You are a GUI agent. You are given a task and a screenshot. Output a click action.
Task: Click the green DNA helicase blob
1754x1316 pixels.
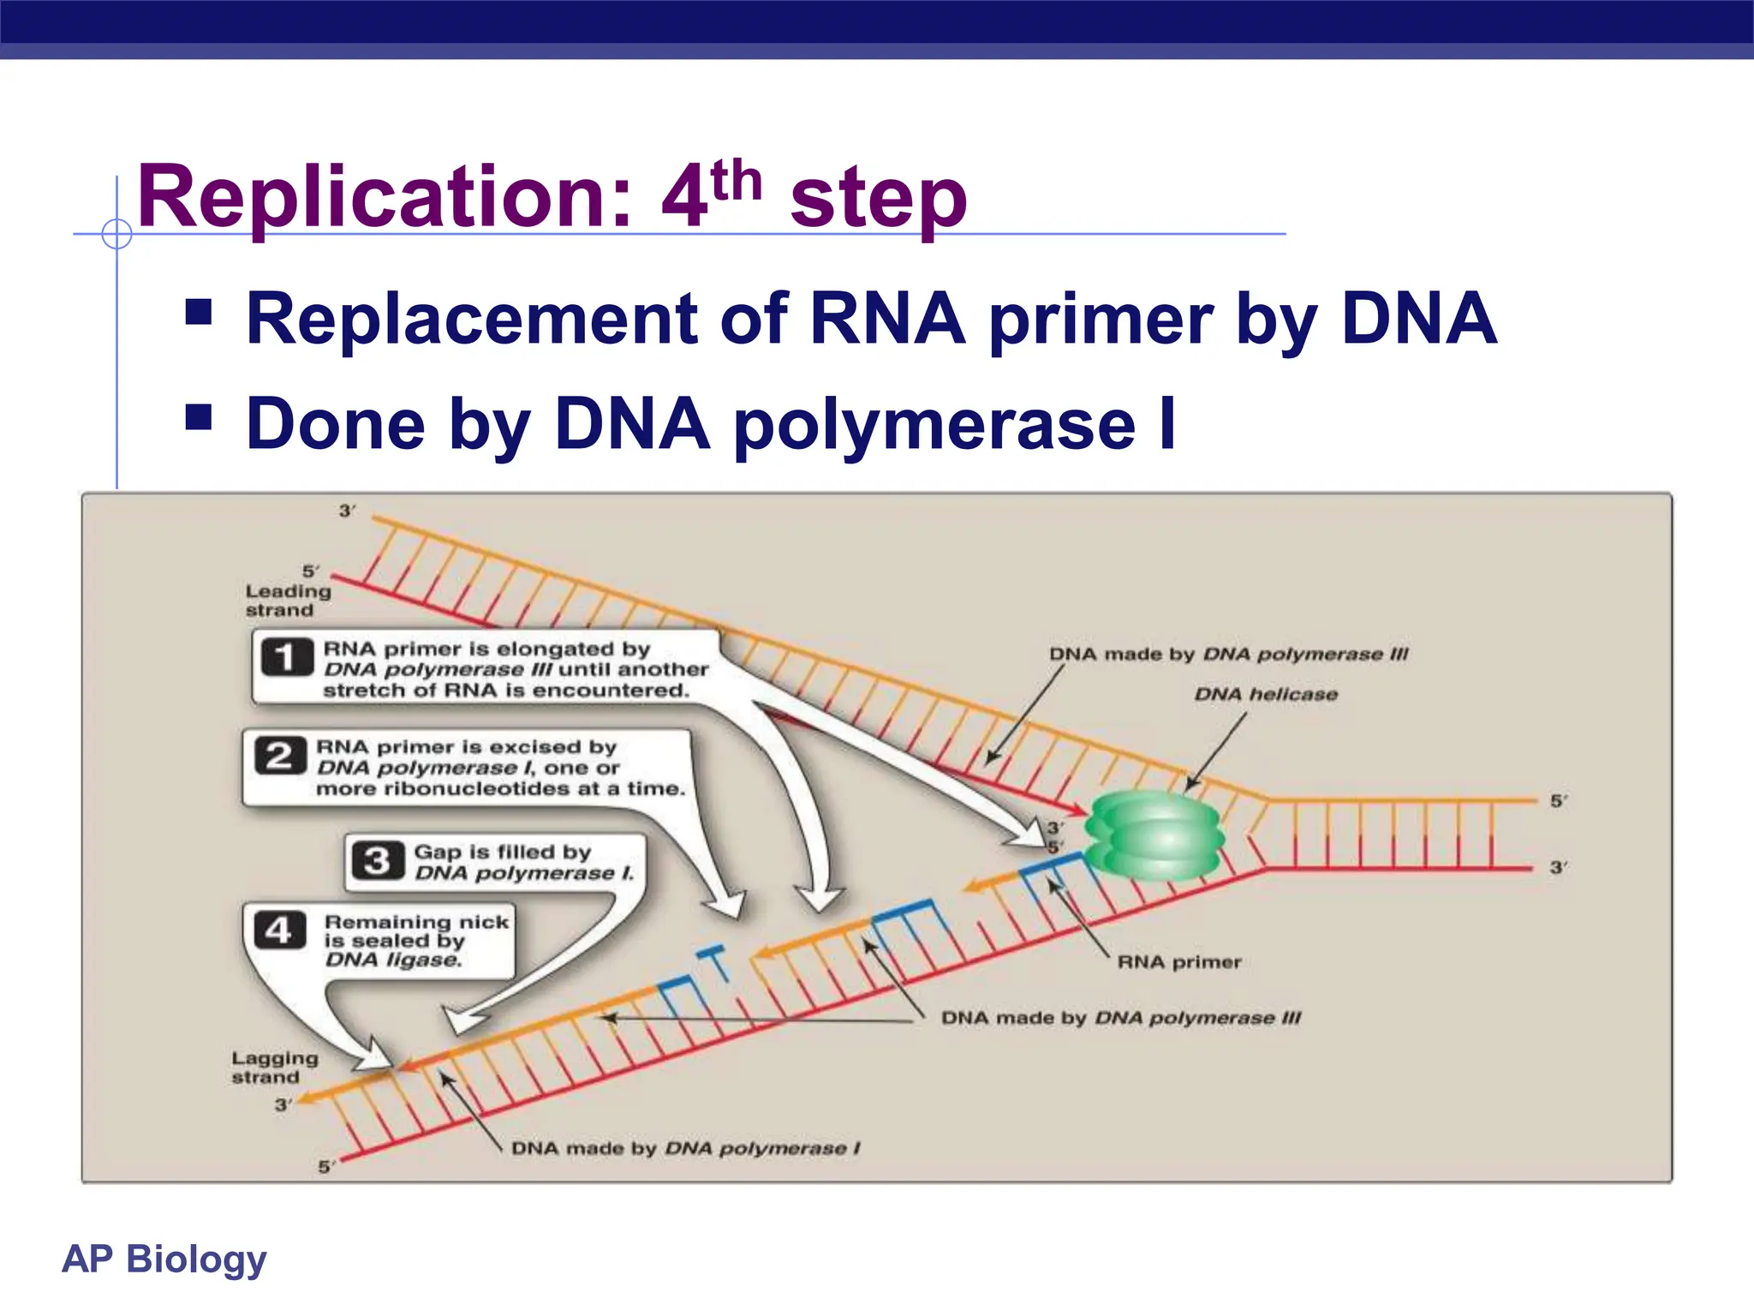click(1154, 835)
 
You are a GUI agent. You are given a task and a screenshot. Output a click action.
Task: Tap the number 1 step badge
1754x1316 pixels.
click(286, 658)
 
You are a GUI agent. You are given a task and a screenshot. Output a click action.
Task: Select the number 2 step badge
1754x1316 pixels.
click(279, 756)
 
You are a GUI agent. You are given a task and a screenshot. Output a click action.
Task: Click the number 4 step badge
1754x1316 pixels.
click(279, 930)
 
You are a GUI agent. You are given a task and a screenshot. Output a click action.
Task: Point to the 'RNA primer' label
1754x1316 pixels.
click(1178, 962)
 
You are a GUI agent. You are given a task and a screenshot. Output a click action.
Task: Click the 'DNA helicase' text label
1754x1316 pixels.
click(1265, 694)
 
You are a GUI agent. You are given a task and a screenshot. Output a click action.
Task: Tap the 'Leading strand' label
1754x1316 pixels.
click(287, 600)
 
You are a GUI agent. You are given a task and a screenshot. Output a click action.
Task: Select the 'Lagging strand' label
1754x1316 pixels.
click(274, 1068)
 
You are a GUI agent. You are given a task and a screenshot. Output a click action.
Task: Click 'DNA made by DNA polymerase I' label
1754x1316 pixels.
click(685, 1148)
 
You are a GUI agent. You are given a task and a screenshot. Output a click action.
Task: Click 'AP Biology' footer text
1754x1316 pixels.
click(164, 1259)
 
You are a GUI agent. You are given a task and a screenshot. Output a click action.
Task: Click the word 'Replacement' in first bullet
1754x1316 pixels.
click(471, 319)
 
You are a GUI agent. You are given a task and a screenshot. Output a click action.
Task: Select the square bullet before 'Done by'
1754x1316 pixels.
click(199, 417)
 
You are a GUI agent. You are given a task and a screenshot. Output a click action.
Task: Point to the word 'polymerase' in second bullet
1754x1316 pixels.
click(934, 426)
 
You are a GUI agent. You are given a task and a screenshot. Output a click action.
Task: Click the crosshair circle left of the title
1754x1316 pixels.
click(116, 233)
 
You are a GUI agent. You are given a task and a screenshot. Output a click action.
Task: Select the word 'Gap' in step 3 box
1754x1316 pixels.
click(436, 852)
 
